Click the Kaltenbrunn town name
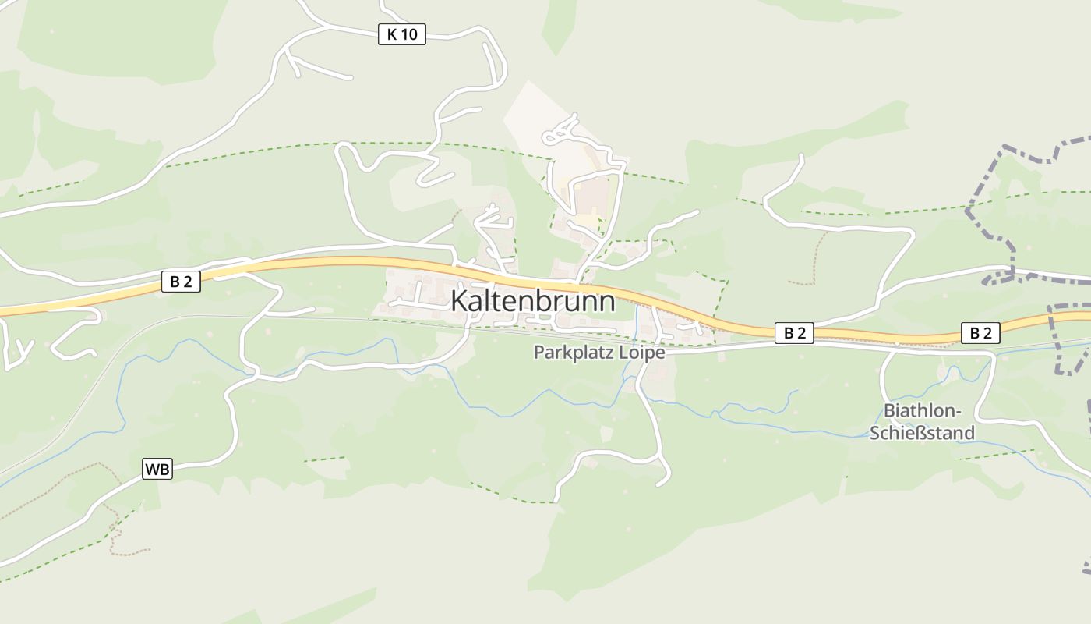click(533, 302)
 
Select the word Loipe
click(641, 353)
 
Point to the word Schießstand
click(922, 433)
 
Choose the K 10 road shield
click(402, 34)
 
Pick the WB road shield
click(157, 470)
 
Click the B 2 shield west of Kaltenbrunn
click(181, 282)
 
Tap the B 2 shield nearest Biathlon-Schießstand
click(980, 333)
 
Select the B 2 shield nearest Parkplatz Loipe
click(794, 333)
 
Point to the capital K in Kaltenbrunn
click(459, 302)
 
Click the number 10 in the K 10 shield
click(410, 34)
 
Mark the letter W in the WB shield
click(152, 470)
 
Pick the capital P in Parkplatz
click(538, 353)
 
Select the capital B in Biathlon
click(888, 411)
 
